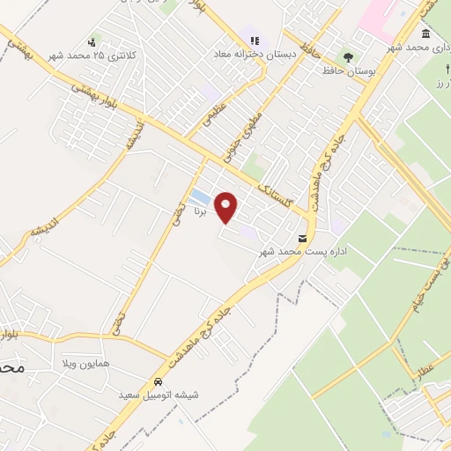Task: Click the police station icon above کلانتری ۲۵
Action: [x=92, y=41]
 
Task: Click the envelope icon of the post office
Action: [x=303, y=239]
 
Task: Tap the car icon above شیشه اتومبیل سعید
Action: [x=158, y=382]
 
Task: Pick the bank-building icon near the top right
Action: [x=426, y=33]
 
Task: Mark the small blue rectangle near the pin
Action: [x=201, y=195]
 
